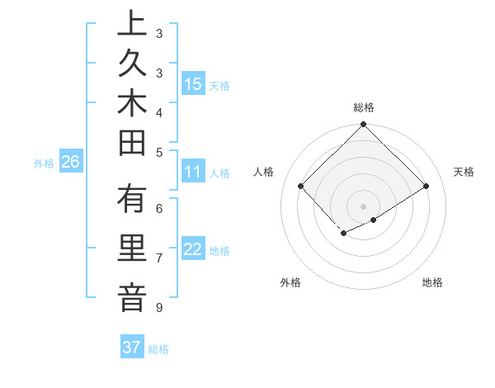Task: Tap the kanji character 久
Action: click(x=132, y=64)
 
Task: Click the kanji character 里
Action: click(x=132, y=250)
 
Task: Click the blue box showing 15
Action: click(x=192, y=84)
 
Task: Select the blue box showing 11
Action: click(x=192, y=172)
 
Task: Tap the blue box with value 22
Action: click(x=192, y=249)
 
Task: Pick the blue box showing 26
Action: click(x=70, y=162)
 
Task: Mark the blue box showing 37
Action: click(x=131, y=348)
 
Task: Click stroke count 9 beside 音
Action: click(x=158, y=308)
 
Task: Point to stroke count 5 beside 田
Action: click(x=158, y=152)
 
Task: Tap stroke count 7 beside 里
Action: click(x=158, y=258)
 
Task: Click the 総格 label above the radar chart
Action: click(x=363, y=107)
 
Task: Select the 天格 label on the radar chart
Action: click(x=464, y=172)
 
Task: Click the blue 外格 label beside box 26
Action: click(x=44, y=163)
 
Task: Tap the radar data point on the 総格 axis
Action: click(x=363, y=125)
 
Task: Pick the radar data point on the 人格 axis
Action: click(x=301, y=186)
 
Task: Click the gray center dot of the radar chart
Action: click(x=363, y=206)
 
